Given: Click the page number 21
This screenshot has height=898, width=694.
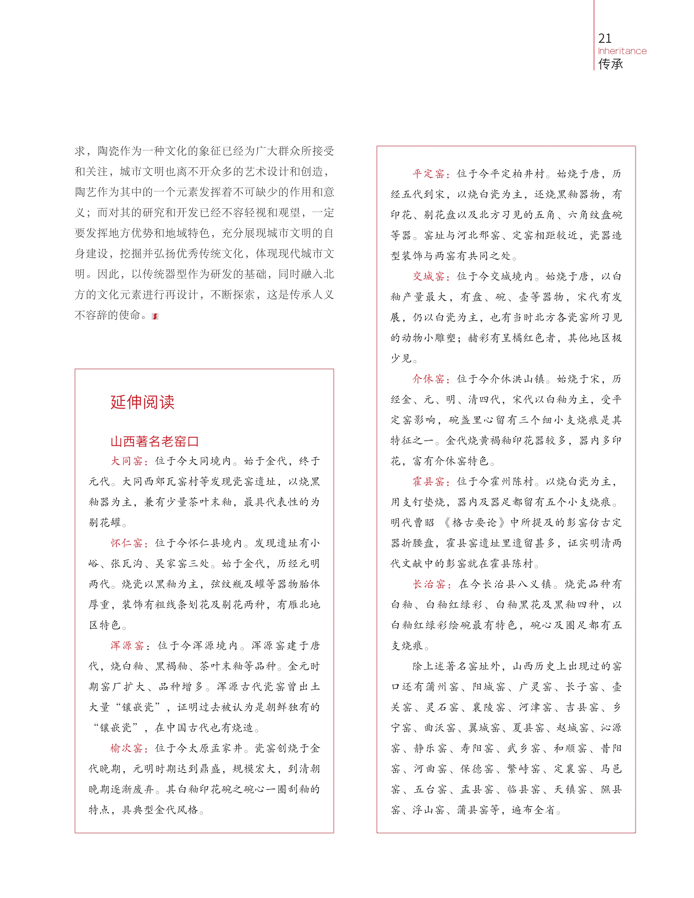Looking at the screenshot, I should pyautogui.click(x=605, y=39).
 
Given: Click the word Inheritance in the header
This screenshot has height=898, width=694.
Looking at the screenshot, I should pyautogui.click(x=622, y=51).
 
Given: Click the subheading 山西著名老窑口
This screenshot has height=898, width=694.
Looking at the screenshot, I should pyautogui.click(x=154, y=441).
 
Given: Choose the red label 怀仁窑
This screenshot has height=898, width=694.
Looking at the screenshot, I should pyautogui.click(x=127, y=543).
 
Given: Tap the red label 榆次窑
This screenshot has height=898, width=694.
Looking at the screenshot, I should pyautogui.click(x=127, y=748).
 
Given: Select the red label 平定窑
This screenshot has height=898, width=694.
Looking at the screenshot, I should pyautogui.click(x=429, y=174).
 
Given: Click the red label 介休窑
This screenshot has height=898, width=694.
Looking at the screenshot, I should pyautogui.click(x=429, y=379).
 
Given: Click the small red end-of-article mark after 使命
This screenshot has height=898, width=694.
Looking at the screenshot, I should pyautogui.click(x=155, y=316).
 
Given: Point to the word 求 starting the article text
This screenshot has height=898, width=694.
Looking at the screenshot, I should pyautogui.click(x=80, y=151).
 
